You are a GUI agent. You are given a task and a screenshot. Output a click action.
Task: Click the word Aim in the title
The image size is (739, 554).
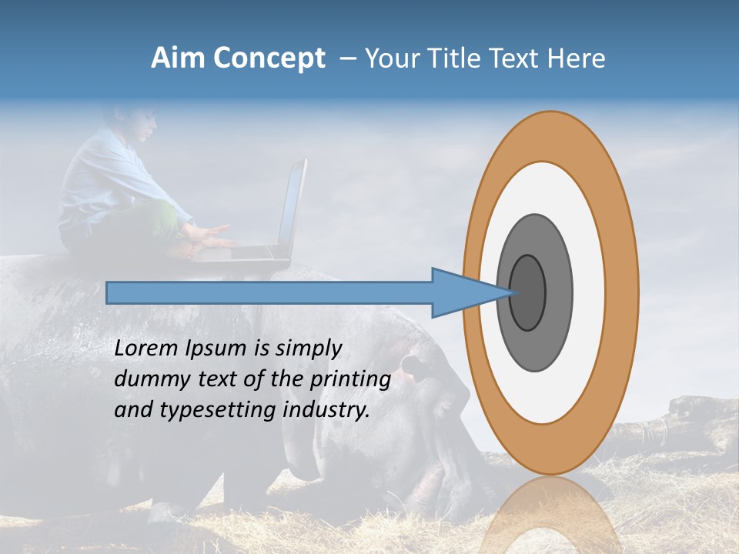point(178,58)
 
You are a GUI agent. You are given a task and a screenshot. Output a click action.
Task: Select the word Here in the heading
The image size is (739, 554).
point(577,58)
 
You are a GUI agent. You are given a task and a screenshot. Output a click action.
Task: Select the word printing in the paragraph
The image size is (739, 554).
point(349,379)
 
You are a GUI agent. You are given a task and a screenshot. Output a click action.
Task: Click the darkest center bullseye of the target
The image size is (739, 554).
point(527,292)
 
